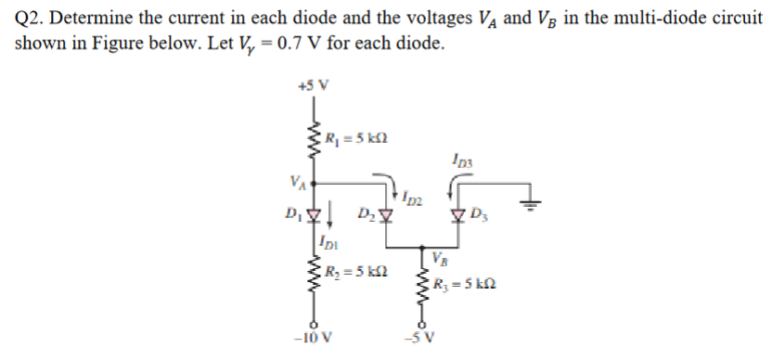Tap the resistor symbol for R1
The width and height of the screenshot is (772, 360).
pyautogui.click(x=313, y=141)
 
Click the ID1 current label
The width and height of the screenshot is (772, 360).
pyautogui.click(x=327, y=244)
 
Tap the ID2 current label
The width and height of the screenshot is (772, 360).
pyautogui.click(x=413, y=197)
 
